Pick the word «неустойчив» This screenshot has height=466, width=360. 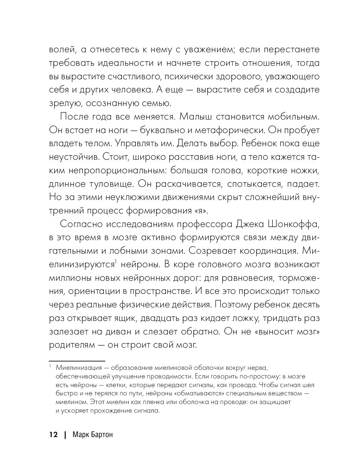pyautogui.click(x=71, y=157)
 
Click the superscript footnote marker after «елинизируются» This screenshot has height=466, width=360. pyautogui.click(x=116, y=262)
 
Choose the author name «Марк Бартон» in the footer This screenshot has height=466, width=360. pyautogui.click(x=91, y=435)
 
